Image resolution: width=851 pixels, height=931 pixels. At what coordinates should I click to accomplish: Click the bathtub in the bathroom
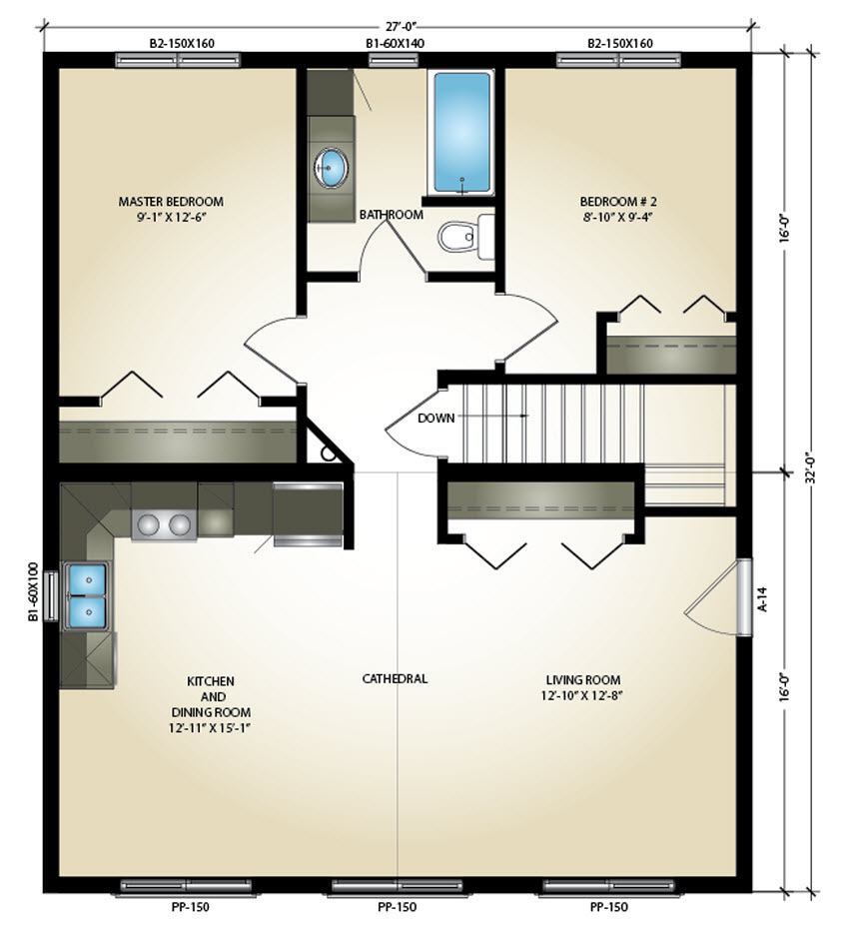point(462,133)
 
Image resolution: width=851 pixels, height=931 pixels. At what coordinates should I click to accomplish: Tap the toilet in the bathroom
point(466,237)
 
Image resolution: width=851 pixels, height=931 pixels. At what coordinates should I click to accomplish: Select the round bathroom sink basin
point(331,168)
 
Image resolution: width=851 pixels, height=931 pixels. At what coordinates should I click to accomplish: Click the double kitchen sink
point(88,595)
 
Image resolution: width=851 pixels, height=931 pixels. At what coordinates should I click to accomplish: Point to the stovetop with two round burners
point(164,524)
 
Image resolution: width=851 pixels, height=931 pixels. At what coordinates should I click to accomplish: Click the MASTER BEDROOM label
point(171,201)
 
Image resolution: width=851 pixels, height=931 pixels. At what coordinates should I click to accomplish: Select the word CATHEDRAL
point(395,678)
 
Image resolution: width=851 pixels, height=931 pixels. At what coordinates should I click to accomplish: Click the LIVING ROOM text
point(583,679)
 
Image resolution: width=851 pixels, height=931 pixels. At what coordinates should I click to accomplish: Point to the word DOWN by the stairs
point(436,418)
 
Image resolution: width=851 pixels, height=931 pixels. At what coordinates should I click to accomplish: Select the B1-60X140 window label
point(395,43)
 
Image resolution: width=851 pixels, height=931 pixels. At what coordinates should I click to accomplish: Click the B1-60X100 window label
point(33,592)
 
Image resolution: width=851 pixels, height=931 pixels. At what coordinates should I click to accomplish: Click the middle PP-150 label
point(397,907)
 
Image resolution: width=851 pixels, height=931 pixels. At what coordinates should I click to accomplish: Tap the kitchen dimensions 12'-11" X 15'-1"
point(210,728)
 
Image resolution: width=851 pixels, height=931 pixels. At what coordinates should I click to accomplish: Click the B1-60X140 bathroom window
point(395,59)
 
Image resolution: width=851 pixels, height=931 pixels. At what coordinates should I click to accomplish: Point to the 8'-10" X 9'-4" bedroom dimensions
point(617,217)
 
